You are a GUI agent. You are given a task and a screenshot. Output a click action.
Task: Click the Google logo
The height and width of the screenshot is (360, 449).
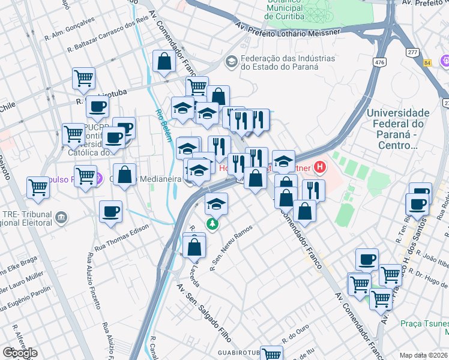20,353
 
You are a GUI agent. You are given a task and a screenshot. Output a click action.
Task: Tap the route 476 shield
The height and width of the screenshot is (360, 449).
379,62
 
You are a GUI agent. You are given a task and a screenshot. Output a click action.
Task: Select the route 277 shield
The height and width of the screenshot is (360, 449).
412,53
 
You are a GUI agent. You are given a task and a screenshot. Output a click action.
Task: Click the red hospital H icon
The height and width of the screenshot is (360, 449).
320,167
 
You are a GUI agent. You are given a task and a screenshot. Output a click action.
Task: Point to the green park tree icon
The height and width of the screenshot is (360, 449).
212,224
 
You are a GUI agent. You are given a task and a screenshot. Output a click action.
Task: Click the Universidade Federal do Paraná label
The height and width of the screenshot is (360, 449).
397,128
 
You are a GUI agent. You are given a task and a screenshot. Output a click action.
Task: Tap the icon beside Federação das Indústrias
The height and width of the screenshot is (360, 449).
231,61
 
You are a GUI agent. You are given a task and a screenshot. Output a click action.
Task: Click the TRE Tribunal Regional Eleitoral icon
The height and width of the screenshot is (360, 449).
61,217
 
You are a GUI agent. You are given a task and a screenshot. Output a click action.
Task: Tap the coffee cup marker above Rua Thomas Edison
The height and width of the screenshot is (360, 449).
111,212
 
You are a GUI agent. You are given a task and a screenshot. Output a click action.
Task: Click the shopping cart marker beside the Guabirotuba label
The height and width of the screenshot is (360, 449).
271,353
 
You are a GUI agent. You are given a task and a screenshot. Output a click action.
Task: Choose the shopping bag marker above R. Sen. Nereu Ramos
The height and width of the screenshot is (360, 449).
195,246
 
